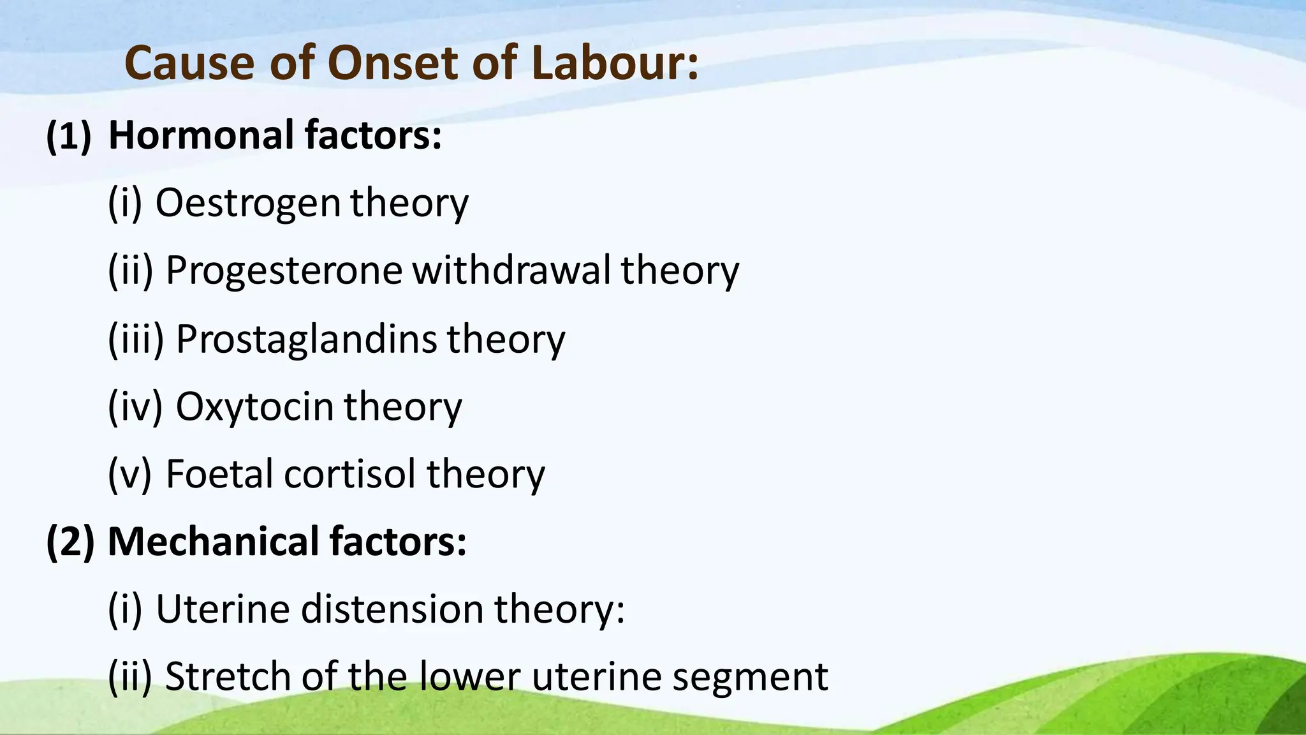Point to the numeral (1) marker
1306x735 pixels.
click(x=69, y=135)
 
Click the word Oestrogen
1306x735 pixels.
click(x=248, y=203)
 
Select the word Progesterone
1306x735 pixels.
click(x=284, y=271)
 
